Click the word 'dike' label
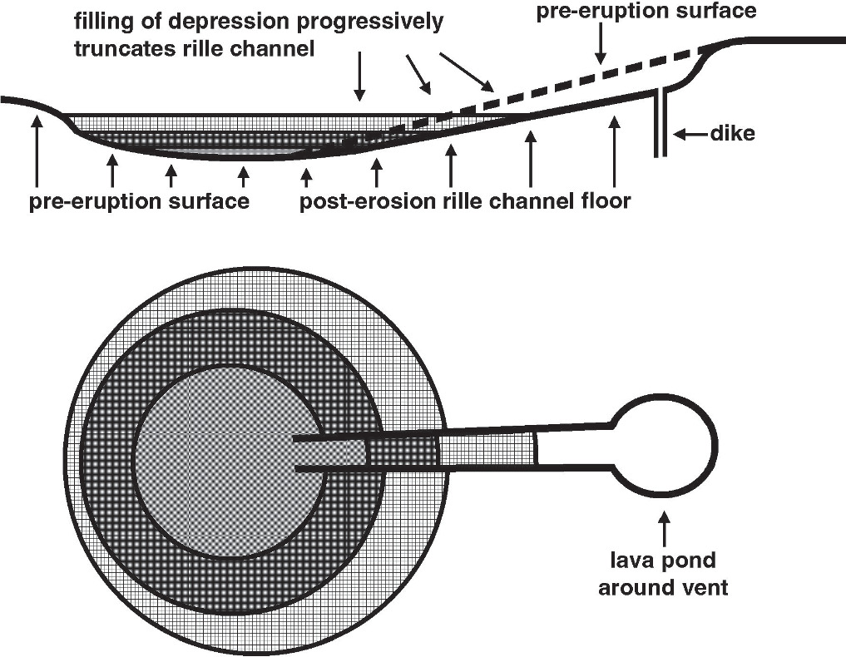point(732,133)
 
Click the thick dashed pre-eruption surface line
point(582,86)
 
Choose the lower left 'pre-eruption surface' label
point(140,202)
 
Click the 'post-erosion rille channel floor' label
point(464,202)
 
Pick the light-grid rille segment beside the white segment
point(487,450)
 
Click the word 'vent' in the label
point(707,588)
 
